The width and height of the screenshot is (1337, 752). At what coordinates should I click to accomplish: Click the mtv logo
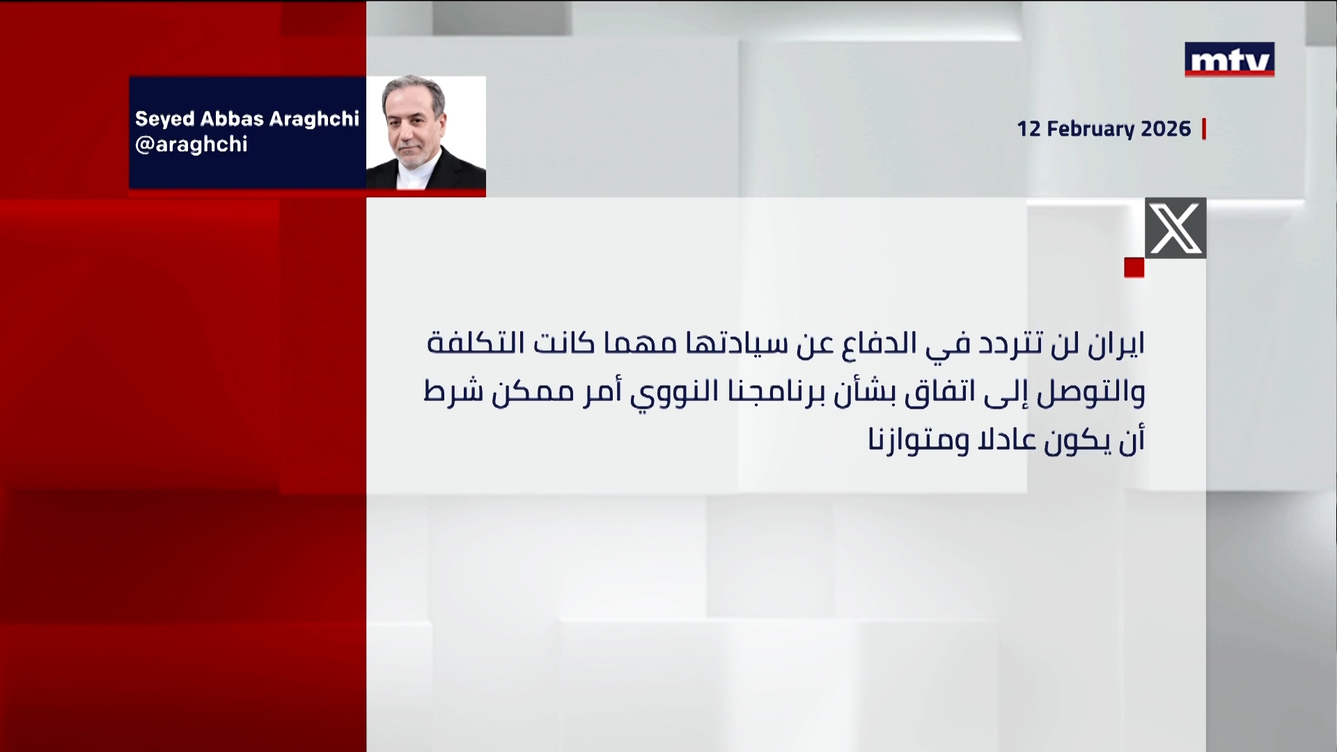1229,59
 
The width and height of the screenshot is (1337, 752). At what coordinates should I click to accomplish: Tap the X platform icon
1175,228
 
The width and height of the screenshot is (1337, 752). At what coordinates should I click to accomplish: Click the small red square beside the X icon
1134,267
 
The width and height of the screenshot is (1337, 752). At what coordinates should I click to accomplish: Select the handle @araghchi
191,145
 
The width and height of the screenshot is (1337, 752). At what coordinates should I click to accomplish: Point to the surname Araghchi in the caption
315,119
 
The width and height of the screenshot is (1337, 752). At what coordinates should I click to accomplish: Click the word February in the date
1090,130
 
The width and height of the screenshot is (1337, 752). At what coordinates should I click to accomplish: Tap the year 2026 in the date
1166,130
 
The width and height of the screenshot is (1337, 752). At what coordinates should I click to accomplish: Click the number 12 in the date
1029,130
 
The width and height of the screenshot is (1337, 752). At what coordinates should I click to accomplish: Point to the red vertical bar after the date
1204,130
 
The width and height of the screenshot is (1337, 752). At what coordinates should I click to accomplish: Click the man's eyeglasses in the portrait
411,119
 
